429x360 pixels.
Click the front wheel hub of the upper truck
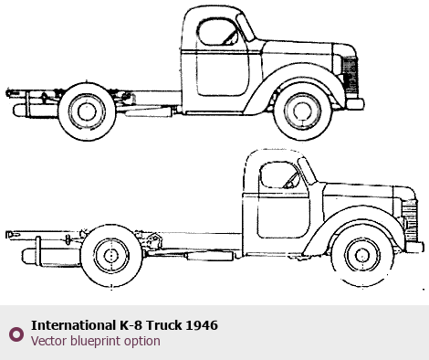pyautogui.click(x=302, y=111)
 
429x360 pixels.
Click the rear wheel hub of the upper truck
pyautogui.click(x=87, y=111)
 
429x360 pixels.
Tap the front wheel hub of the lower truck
pyautogui.click(x=362, y=255)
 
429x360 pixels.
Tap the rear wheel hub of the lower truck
pyautogui.click(x=111, y=256)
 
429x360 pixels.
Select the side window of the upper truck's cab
pyautogui.click(x=217, y=32)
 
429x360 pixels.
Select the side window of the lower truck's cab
pyautogui.click(x=279, y=175)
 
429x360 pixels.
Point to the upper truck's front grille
pyautogui.click(x=350, y=76)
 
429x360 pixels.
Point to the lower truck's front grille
pyautogui.click(x=409, y=220)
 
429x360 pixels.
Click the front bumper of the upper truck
pyautogui.click(x=355, y=104)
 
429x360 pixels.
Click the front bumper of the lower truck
pyautogui.click(x=414, y=248)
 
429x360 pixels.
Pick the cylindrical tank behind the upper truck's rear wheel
pyautogui.click(x=36, y=111)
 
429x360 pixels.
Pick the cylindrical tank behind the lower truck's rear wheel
pyautogui.click(x=51, y=255)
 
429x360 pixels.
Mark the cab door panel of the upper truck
pyautogui.click(x=223, y=73)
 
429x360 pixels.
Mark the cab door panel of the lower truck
pyautogui.click(x=283, y=216)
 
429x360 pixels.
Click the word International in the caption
pyautogui.click(x=73, y=325)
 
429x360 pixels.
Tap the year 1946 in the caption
pyautogui.click(x=202, y=325)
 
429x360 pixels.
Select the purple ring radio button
pyautogui.click(x=16, y=334)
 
